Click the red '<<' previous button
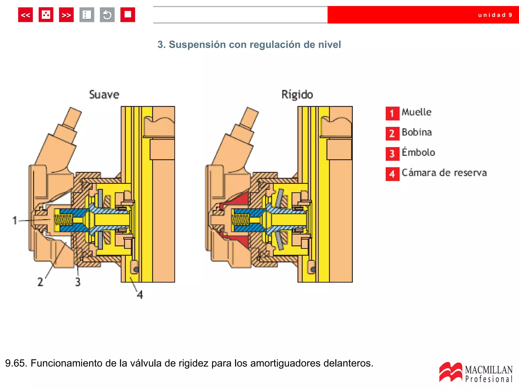tap(25, 15)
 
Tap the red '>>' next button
tap(66, 15)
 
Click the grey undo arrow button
tap(107, 15)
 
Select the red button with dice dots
tap(46, 15)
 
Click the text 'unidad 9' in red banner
tap(495, 15)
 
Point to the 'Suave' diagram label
tap(104, 95)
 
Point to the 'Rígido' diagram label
tap(297, 95)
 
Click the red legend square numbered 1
tap(392, 113)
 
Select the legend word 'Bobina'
tap(417, 132)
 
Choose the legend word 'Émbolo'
tap(418, 152)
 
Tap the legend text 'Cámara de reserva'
tap(444, 173)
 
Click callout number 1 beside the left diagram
tap(15, 220)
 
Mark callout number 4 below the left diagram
tap(140, 295)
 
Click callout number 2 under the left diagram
tap(40, 282)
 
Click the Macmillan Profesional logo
tap(476, 372)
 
